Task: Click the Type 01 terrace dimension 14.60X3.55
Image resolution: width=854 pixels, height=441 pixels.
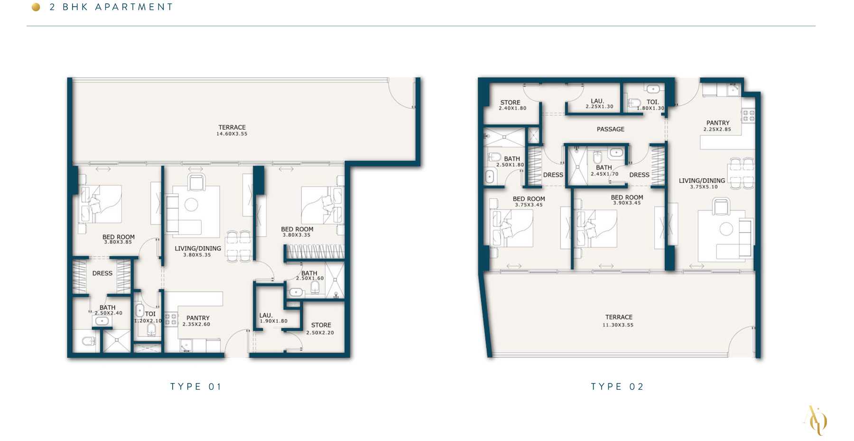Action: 232,134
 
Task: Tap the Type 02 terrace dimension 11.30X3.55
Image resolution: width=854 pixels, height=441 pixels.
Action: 618,325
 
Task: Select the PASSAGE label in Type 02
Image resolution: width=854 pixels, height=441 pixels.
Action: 611,129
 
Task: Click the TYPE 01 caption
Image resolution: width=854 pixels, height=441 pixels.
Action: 195,386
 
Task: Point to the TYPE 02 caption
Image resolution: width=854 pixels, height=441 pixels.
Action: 617,386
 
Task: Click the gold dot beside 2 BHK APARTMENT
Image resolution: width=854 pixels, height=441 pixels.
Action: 36,7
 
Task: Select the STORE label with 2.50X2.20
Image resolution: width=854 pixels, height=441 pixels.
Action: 321,325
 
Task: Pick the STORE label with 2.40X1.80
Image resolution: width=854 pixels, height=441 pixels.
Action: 510,103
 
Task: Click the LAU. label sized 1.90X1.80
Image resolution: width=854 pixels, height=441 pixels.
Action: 266,315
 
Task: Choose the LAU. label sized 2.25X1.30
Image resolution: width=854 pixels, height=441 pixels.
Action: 597,101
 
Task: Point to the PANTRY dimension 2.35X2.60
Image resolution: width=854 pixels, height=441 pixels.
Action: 196,325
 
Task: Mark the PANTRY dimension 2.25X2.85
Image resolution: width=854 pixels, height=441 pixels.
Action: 717,129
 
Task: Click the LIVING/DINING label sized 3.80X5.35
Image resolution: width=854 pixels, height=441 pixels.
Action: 198,248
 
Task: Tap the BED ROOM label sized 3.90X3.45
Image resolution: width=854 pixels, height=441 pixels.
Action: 627,197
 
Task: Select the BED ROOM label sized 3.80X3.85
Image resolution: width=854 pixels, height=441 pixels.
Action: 119,237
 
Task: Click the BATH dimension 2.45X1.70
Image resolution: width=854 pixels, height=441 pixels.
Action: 604,174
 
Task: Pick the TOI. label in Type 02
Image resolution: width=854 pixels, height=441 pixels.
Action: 653,102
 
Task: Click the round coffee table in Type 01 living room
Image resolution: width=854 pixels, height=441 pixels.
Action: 191,205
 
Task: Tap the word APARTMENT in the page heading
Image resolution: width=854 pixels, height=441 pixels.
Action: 134,7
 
